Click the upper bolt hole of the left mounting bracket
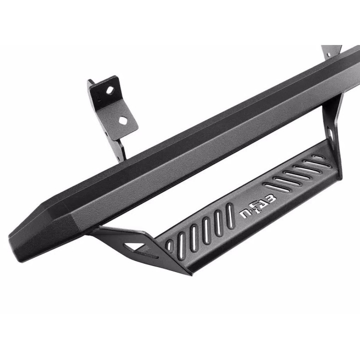pos(109,90)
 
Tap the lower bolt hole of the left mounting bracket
pos(123,120)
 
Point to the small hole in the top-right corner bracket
pos(329,54)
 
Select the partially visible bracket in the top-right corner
pos(331,51)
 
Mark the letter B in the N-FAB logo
pos(271,199)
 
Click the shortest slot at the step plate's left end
pos(169,245)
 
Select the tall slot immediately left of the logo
pos(229,216)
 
